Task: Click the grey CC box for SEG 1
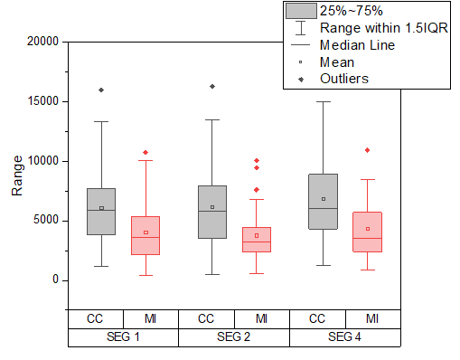pyautogui.click(x=101, y=212)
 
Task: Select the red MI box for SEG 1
pyautogui.click(x=146, y=235)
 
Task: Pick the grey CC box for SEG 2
pyautogui.click(x=212, y=212)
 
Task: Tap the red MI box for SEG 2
pyautogui.click(x=257, y=240)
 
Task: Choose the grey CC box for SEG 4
pyautogui.click(x=323, y=201)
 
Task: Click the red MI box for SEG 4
pyautogui.click(x=367, y=232)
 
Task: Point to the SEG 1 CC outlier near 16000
pyautogui.click(x=101, y=90)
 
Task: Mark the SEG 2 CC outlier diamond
pyautogui.click(x=212, y=86)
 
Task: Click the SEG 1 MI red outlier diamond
pyautogui.click(x=146, y=152)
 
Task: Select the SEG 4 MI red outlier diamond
pyautogui.click(x=367, y=149)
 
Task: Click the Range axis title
pyautogui.click(x=17, y=176)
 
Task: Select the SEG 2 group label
pyautogui.click(x=234, y=337)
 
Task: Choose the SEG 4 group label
pyautogui.click(x=344, y=337)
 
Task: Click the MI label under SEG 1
pyautogui.click(x=150, y=318)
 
